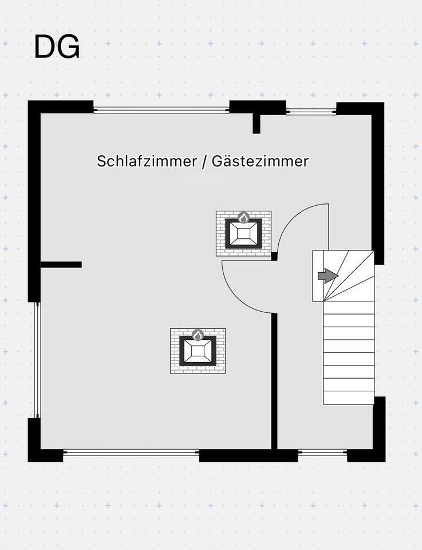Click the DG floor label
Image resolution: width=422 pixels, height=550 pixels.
(57, 47)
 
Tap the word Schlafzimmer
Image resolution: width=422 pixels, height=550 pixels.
(147, 161)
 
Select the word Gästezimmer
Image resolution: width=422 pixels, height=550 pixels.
(260, 161)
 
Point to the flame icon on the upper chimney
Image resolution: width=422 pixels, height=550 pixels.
(243, 218)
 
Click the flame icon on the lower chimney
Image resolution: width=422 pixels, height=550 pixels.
(198, 335)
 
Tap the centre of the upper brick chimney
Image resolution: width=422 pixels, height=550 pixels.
(243, 233)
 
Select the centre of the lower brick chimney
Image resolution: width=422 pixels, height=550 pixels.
(198, 351)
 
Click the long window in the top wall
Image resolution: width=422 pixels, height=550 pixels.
(161, 110)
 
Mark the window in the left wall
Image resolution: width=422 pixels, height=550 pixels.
(37, 360)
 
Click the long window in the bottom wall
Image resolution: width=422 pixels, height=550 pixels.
(131, 453)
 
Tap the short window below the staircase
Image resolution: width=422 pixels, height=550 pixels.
(322, 453)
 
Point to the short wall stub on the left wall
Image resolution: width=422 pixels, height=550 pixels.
(61, 265)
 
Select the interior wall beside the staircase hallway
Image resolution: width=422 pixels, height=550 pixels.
(274, 382)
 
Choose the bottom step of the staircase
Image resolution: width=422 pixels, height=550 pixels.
(349, 398)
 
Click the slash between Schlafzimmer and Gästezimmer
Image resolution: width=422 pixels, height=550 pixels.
(204, 162)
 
